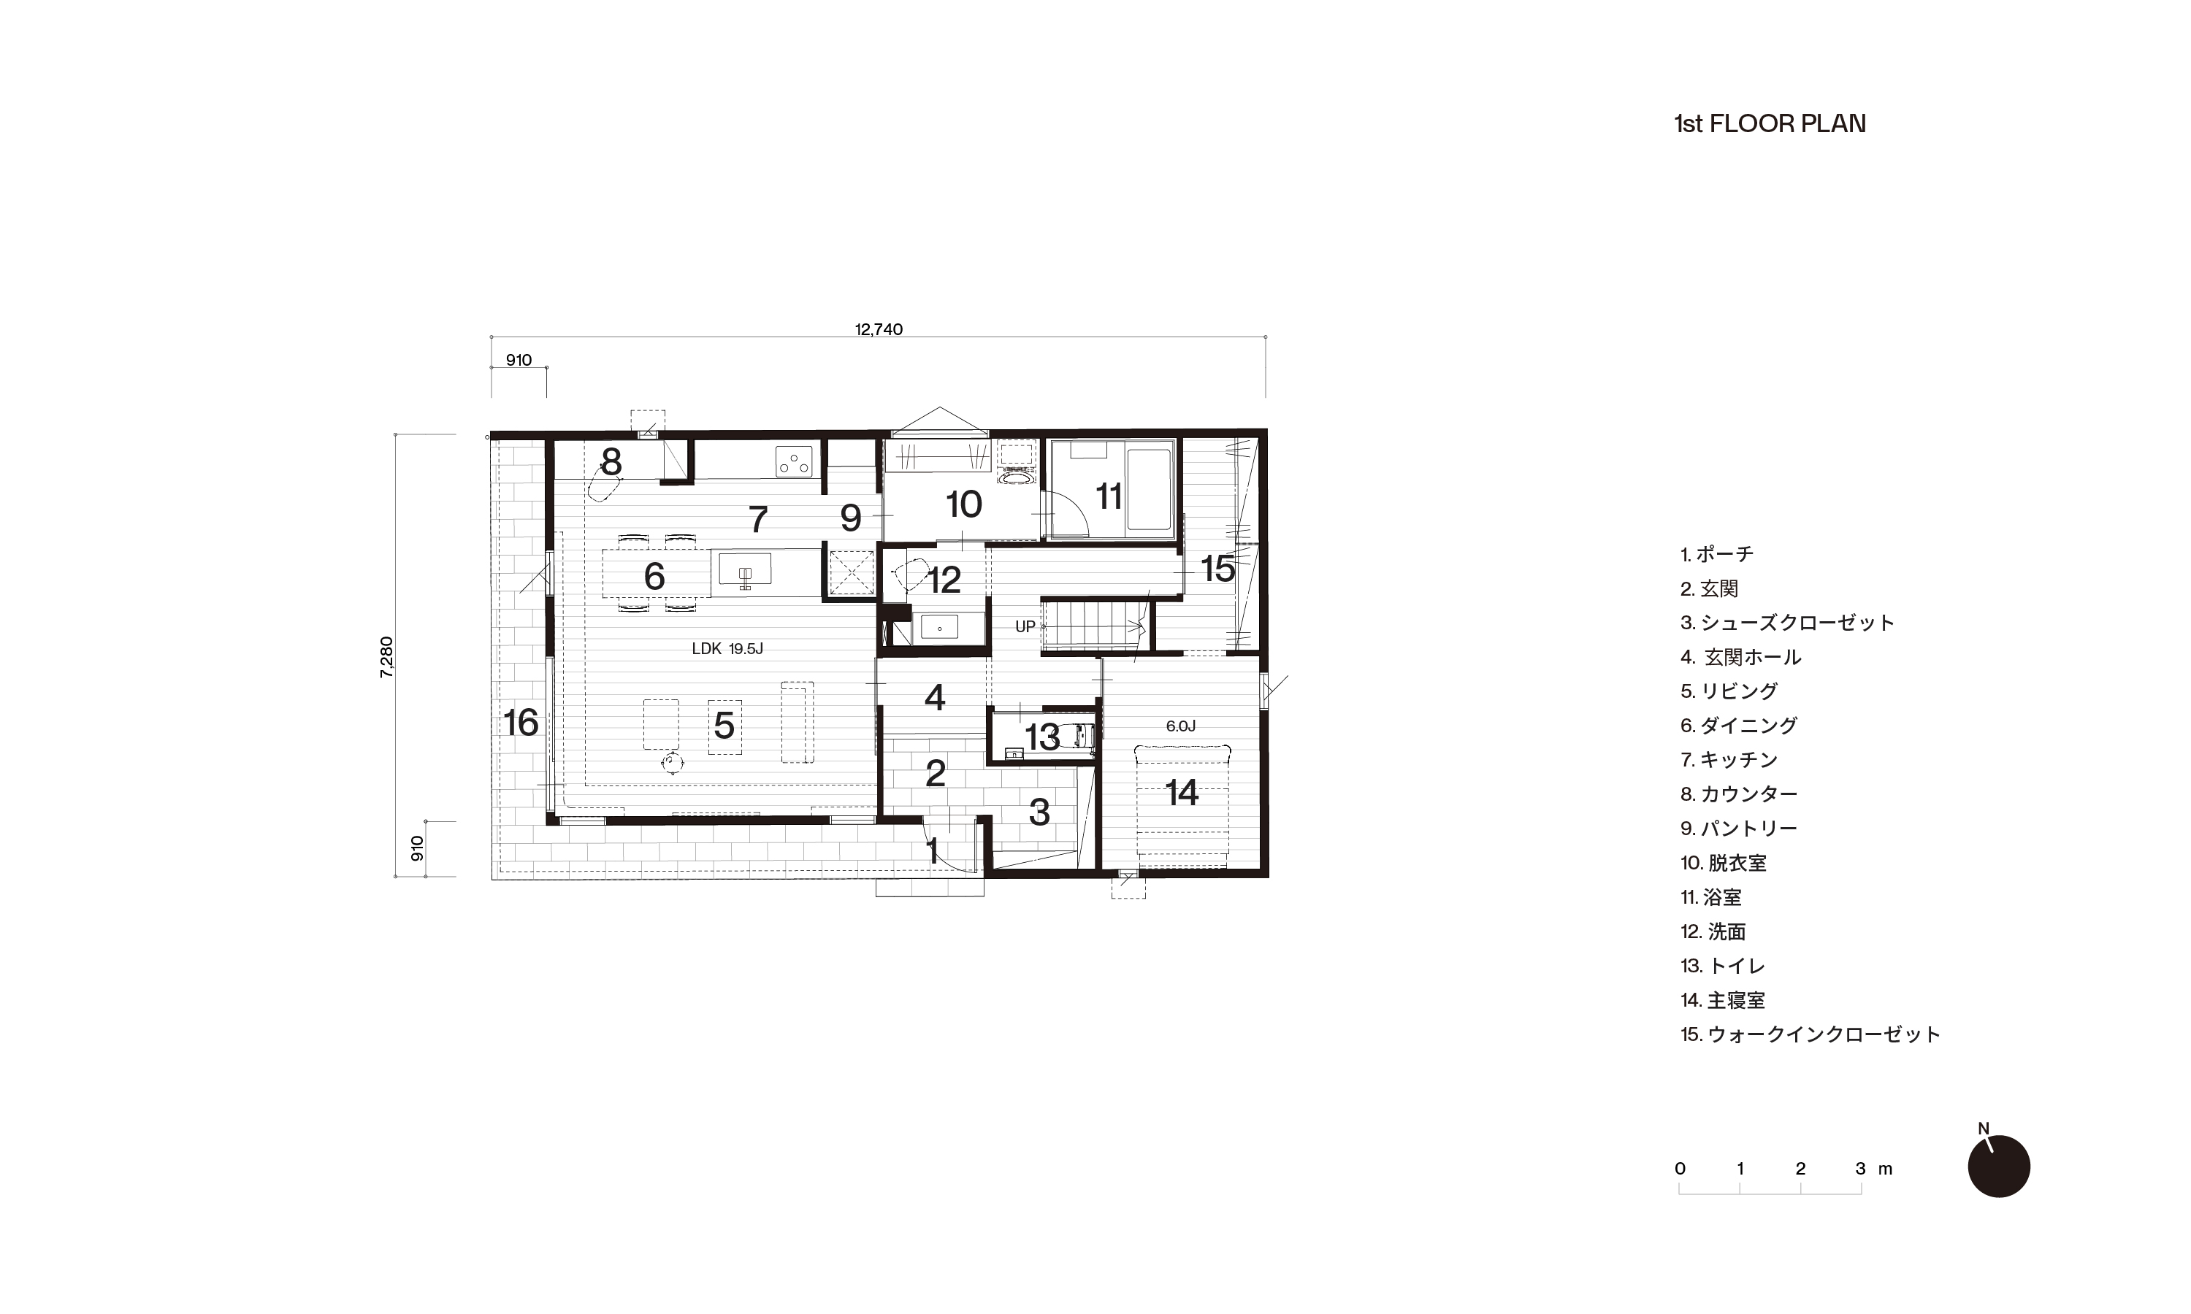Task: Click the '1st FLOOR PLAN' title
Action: (1770, 124)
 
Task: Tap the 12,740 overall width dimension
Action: (879, 329)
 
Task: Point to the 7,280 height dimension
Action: (386, 657)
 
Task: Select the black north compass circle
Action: (1999, 1166)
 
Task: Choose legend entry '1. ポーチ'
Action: (1716, 554)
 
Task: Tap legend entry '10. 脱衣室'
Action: (1724, 862)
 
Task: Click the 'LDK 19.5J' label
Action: (727, 649)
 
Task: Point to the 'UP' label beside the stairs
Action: (1025, 627)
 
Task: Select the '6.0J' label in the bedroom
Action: (1180, 726)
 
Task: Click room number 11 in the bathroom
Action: (1109, 496)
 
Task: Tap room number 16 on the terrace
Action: (521, 723)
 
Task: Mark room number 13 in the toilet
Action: (1042, 737)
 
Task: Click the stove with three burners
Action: (793, 461)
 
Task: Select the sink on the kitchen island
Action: (745, 570)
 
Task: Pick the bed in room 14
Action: (1182, 806)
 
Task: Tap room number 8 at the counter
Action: (611, 461)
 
